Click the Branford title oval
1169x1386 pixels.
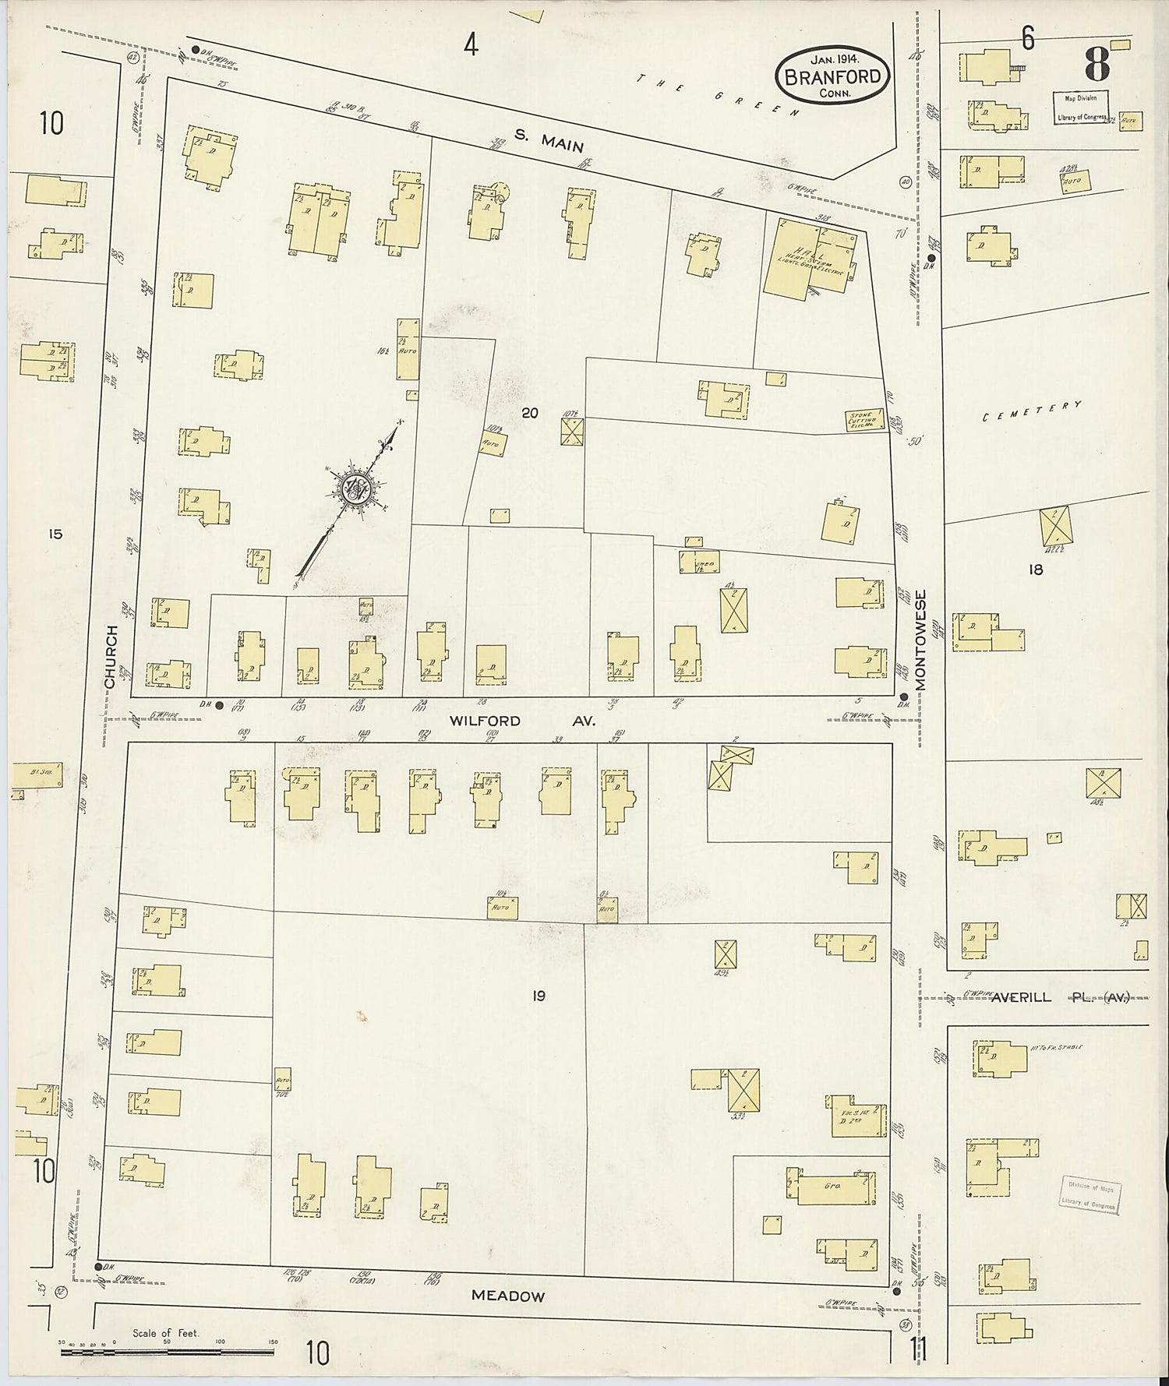coord(833,76)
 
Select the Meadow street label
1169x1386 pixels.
coord(508,1296)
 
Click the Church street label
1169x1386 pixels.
coord(111,657)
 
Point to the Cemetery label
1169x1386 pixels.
coord(1032,411)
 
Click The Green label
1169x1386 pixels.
coord(718,95)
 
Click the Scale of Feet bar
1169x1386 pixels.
coord(167,1352)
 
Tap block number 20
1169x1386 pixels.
coord(530,413)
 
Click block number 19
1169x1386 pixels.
coord(538,995)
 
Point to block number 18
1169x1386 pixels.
coord(1035,570)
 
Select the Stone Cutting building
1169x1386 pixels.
coord(864,420)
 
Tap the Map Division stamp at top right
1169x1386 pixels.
coord(1082,108)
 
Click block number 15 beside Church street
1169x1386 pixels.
coord(54,534)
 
